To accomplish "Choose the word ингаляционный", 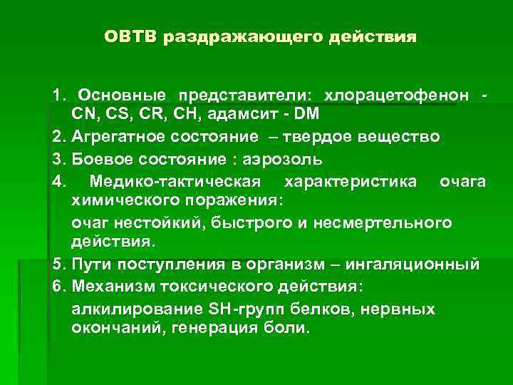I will point(412,265).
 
